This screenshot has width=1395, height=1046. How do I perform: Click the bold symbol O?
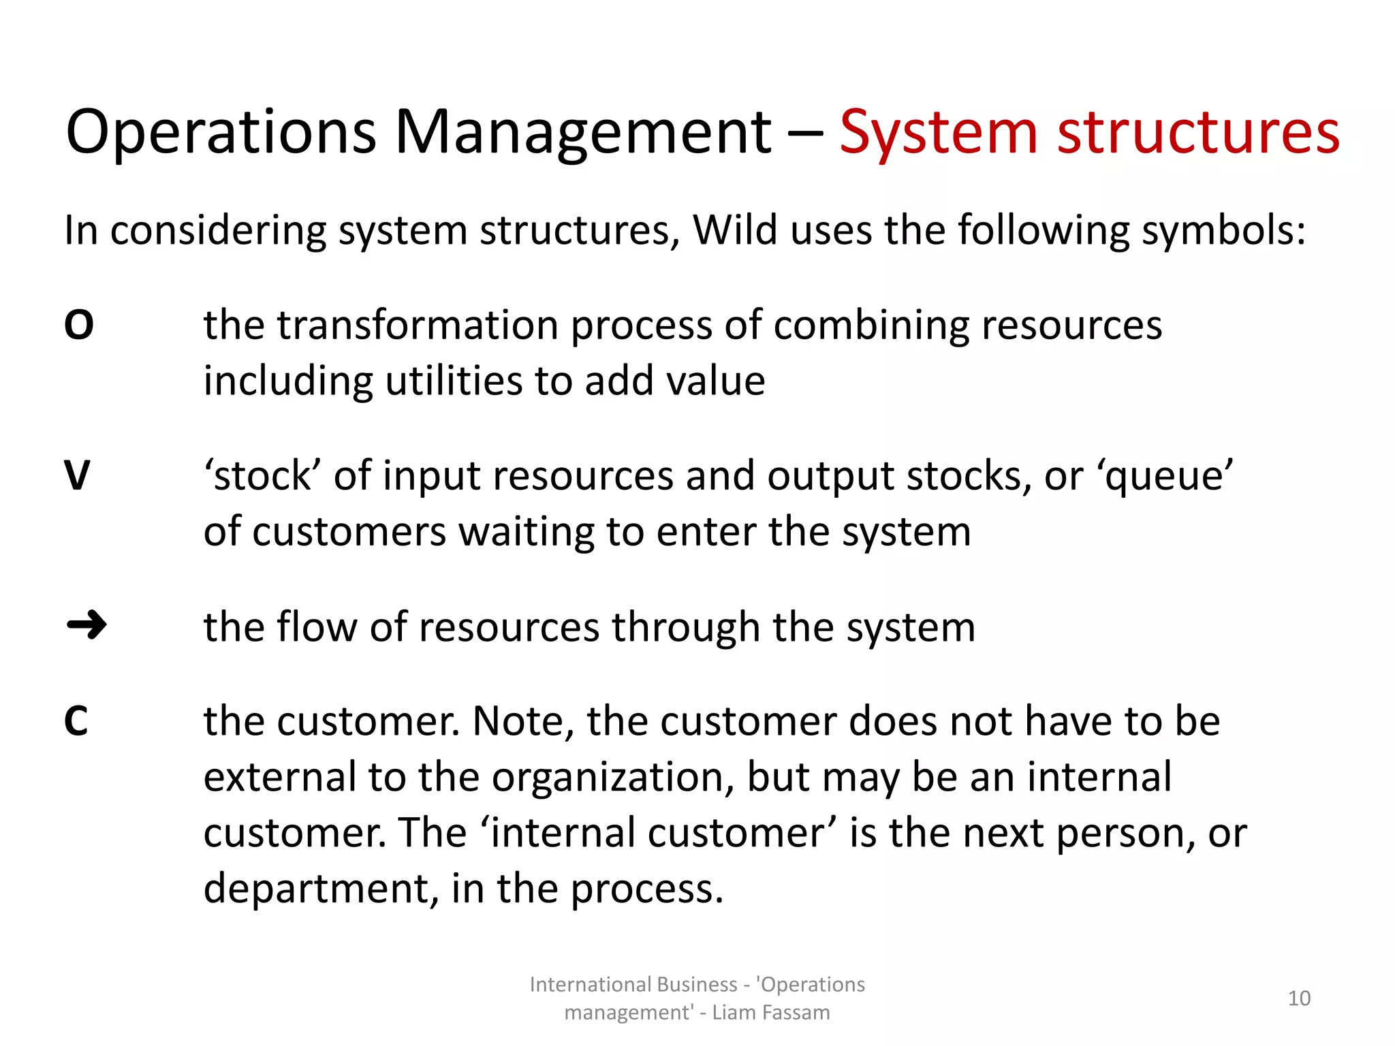(78, 325)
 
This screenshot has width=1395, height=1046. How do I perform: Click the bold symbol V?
(77, 475)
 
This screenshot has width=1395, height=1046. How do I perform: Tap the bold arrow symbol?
(87, 624)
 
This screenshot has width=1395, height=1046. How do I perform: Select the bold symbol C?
(76, 721)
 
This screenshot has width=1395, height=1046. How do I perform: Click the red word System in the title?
(938, 133)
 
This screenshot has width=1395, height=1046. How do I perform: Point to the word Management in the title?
(582, 133)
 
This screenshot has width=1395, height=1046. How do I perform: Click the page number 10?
(1299, 998)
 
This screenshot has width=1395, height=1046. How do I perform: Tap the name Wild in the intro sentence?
(734, 230)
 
